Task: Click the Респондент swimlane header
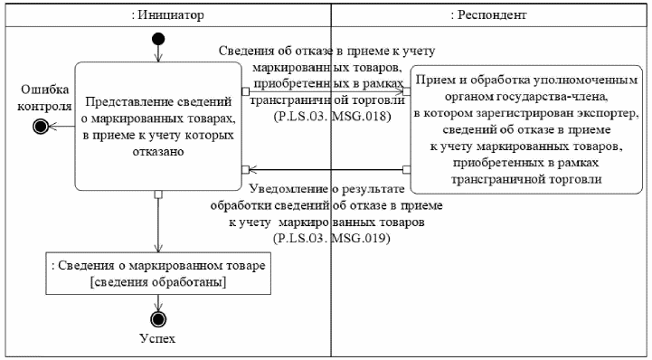pyautogui.click(x=488, y=15)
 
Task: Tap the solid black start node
pyautogui.click(x=159, y=38)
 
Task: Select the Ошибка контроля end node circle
pyautogui.click(x=40, y=127)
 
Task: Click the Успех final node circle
pyautogui.click(x=158, y=319)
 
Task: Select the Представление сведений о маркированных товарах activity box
pyautogui.click(x=158, y=127)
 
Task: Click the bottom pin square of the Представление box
pyautogui.click(x=158, y=194)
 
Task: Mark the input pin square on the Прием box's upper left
pyautogui.click(x=407, y=90)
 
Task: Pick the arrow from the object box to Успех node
pyautogui.click(x=158, y=302)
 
